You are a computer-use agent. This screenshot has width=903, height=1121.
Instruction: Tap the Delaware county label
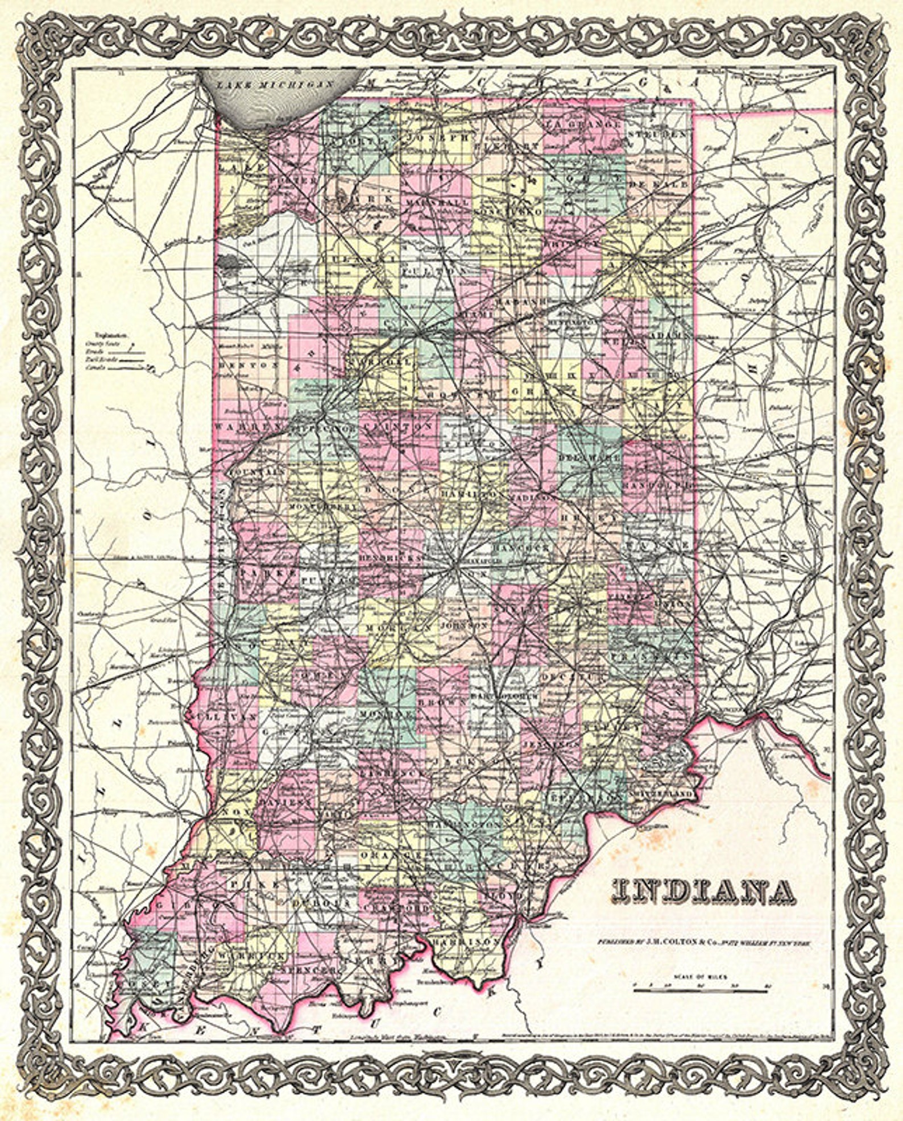[589, 457]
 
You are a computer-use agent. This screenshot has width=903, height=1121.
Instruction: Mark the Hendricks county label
[391, 559]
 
